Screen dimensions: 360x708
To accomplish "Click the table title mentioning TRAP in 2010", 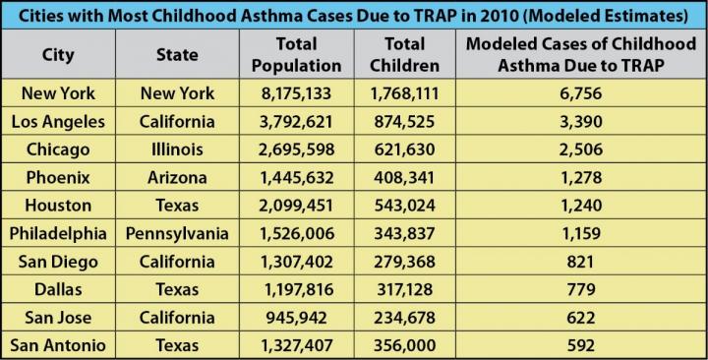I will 354,16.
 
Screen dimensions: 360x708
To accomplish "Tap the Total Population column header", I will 296,55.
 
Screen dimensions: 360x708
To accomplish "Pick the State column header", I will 177,55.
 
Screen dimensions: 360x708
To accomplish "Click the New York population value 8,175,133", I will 296,94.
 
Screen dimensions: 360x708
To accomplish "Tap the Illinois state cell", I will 177,150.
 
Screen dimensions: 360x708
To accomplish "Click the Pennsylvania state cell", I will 177,233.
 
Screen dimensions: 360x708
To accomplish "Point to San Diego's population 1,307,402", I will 296,261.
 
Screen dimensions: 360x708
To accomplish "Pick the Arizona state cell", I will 177,178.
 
